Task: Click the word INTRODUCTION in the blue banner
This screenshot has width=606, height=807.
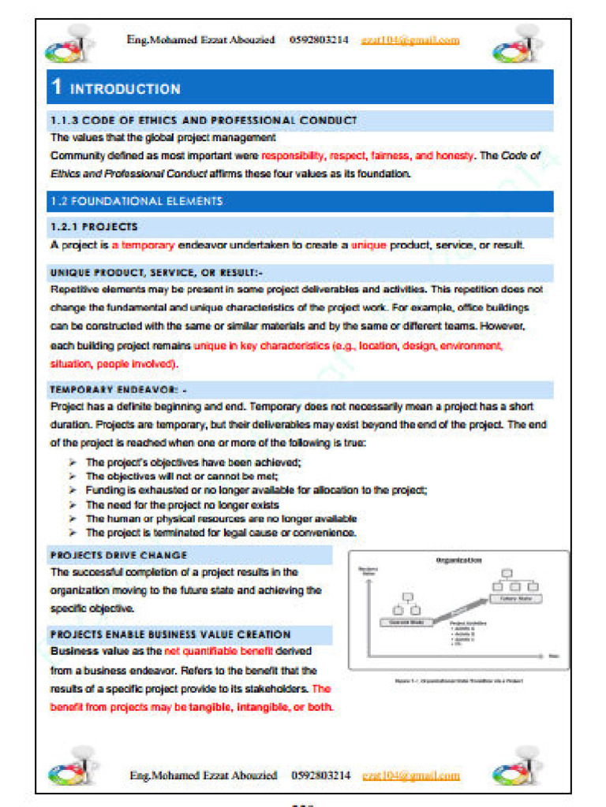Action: point(125,89)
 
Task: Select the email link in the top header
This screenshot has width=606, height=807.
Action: point(410,40)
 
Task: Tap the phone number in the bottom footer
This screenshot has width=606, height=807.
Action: point(320,775)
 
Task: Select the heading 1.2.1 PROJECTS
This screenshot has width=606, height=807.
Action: point(94,227)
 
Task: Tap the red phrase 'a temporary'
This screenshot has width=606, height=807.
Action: point(143,245)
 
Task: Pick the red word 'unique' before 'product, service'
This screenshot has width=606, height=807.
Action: point(368,245)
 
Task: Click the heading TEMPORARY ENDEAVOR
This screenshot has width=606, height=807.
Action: point(118,390)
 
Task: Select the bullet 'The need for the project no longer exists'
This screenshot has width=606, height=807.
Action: point(182,504)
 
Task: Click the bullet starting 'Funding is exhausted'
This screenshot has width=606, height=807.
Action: point(256,490)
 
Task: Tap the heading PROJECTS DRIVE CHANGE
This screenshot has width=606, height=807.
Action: point(119,556)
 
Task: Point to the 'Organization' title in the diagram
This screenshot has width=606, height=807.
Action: point(458,560)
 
